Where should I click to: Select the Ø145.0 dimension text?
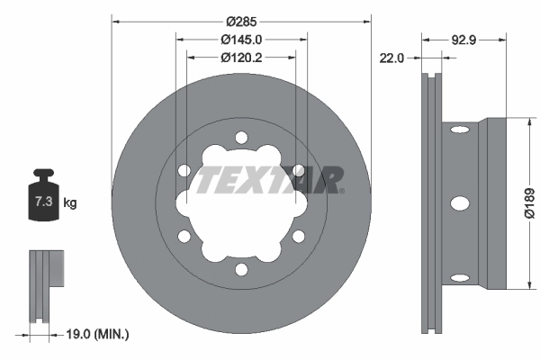pos(241,40)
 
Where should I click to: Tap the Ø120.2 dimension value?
pos(241,57)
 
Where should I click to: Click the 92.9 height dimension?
pos(463,40)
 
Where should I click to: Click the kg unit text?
pos(70,203)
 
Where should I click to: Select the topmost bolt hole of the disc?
pos(241,137)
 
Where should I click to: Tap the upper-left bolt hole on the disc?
pos(184,170)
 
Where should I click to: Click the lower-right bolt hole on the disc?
pos(298,237)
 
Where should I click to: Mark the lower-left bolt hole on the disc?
pos(184,237)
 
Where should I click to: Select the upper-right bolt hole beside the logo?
pos(299,170)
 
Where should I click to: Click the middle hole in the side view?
pos(459,203)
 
